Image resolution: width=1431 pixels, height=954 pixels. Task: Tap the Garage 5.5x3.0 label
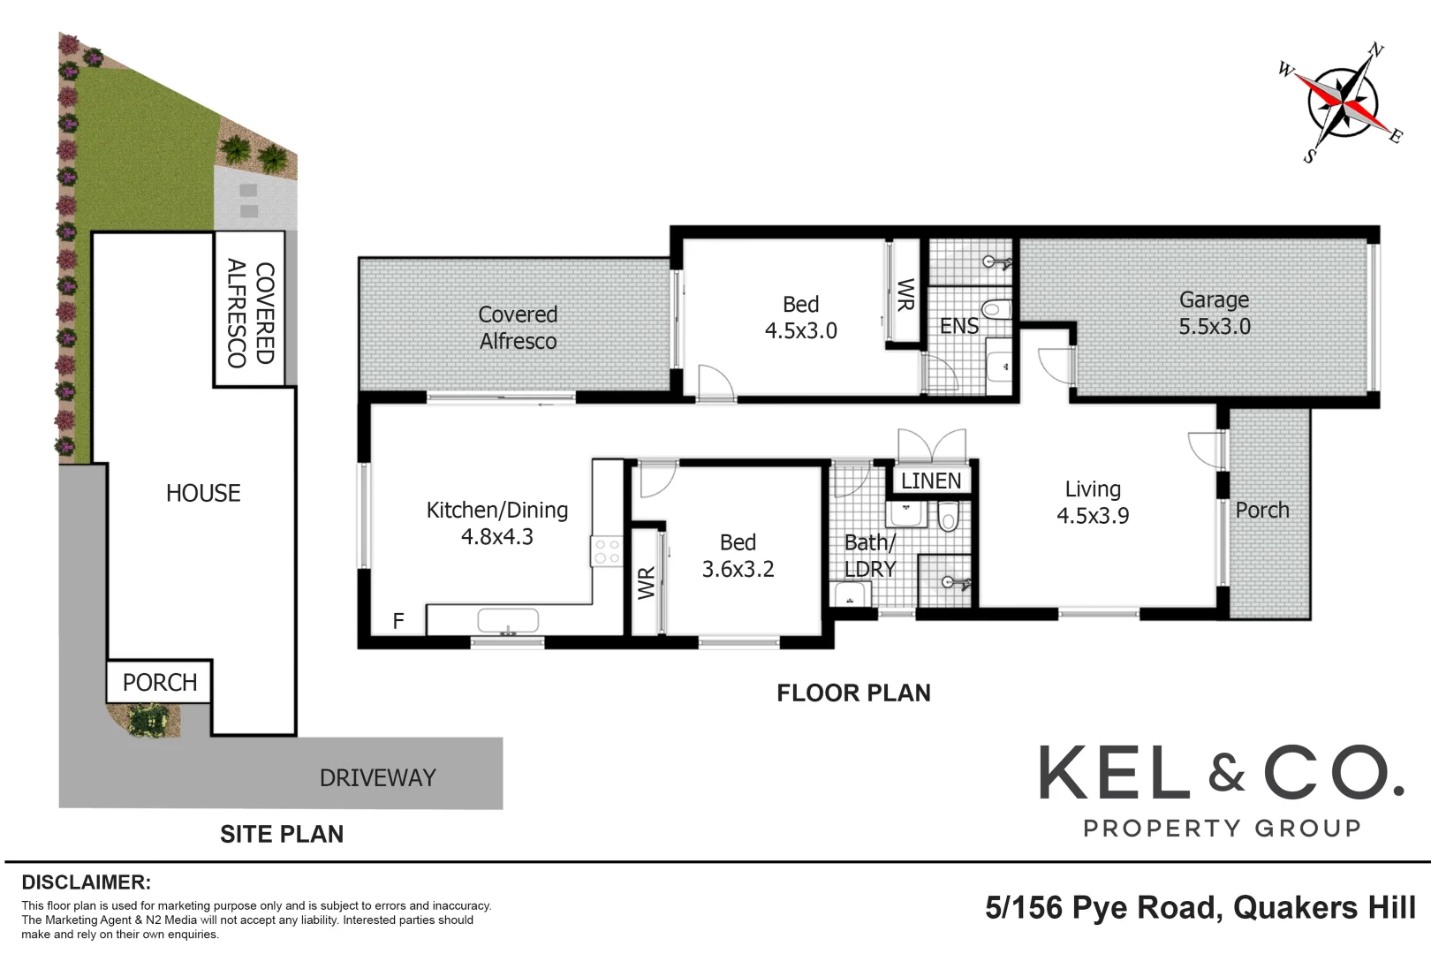[1214, 313]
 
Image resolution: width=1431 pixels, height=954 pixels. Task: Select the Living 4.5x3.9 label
[1093, 502]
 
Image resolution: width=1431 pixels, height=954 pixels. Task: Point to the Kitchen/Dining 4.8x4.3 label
[496, 523]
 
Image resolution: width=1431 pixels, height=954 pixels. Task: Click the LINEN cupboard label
[931, 481]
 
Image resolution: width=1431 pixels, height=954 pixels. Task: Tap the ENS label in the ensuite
[958, 326]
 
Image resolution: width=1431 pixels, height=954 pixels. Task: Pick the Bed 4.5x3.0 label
[800, 317]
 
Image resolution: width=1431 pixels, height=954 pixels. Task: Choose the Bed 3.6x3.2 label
[738, 556]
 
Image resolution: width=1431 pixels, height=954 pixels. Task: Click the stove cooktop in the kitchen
[607, 552]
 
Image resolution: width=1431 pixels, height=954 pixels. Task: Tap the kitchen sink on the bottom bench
[507, 621]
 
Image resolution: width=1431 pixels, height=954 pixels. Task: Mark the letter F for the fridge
[398, 621]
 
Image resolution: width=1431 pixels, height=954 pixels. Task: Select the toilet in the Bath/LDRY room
[948, 516]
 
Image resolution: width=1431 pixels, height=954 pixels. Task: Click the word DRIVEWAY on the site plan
[377, 777]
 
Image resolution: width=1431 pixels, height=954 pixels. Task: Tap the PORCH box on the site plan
[159, 682]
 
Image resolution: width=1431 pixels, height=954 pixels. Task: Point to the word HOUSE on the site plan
[203, 493]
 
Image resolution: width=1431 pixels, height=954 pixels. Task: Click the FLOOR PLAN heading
[853, 693]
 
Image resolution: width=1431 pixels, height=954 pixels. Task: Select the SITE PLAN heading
[282, 834]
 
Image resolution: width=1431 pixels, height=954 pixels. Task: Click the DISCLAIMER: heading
[87, 882]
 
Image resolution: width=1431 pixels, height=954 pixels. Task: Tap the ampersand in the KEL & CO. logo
[1226, 776]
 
